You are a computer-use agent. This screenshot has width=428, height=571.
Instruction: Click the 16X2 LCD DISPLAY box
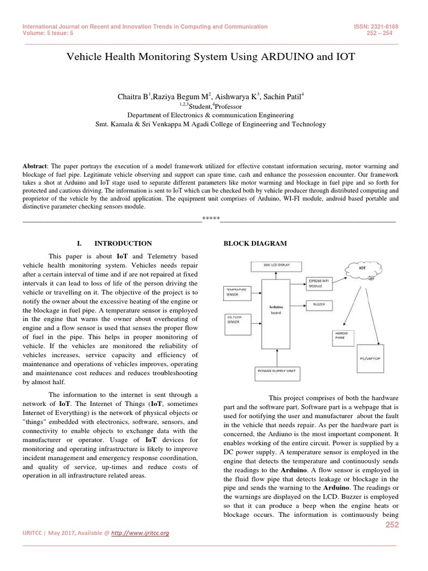(276, 265)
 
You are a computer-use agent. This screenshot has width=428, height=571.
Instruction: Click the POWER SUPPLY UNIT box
(276, 371)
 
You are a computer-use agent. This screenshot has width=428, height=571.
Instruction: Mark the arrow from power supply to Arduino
(276, 355)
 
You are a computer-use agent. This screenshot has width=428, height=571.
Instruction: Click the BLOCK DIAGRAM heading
(255, 244)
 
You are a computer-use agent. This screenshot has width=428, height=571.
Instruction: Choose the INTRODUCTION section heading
(123, 244)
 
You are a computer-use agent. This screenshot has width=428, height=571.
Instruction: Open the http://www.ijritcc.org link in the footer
(140, 533)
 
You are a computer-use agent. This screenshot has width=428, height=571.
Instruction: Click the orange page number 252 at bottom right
(392, 525)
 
